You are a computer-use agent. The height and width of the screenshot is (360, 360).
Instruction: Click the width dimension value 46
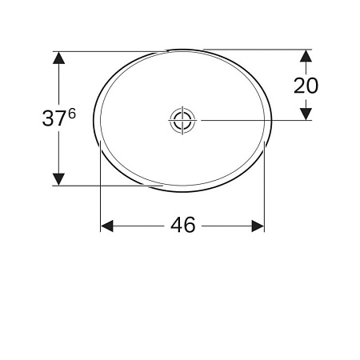(182, 226)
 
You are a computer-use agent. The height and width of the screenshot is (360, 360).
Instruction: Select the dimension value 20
(306, 85)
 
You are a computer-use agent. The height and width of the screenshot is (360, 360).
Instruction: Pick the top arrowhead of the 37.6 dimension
(58, 58)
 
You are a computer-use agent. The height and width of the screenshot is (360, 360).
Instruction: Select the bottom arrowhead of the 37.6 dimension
(58, 179)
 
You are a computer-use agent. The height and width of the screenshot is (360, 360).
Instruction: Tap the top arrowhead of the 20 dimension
(306, 57)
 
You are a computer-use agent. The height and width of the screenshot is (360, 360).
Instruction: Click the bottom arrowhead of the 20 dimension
(306, 114)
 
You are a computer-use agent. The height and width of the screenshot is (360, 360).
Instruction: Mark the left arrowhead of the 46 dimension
(106, 226)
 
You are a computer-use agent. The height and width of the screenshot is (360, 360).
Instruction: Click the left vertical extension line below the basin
(100, 192)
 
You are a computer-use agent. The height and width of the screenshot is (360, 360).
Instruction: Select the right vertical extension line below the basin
(264, 192)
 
